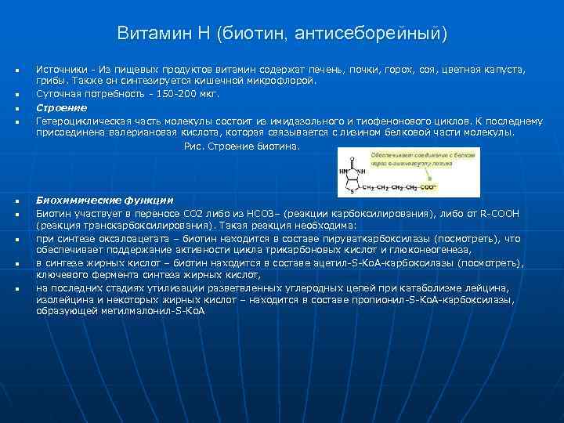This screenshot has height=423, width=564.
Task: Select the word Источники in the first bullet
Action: [x=60, y=70]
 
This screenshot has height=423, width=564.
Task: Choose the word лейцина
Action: [x=490, y=287]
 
